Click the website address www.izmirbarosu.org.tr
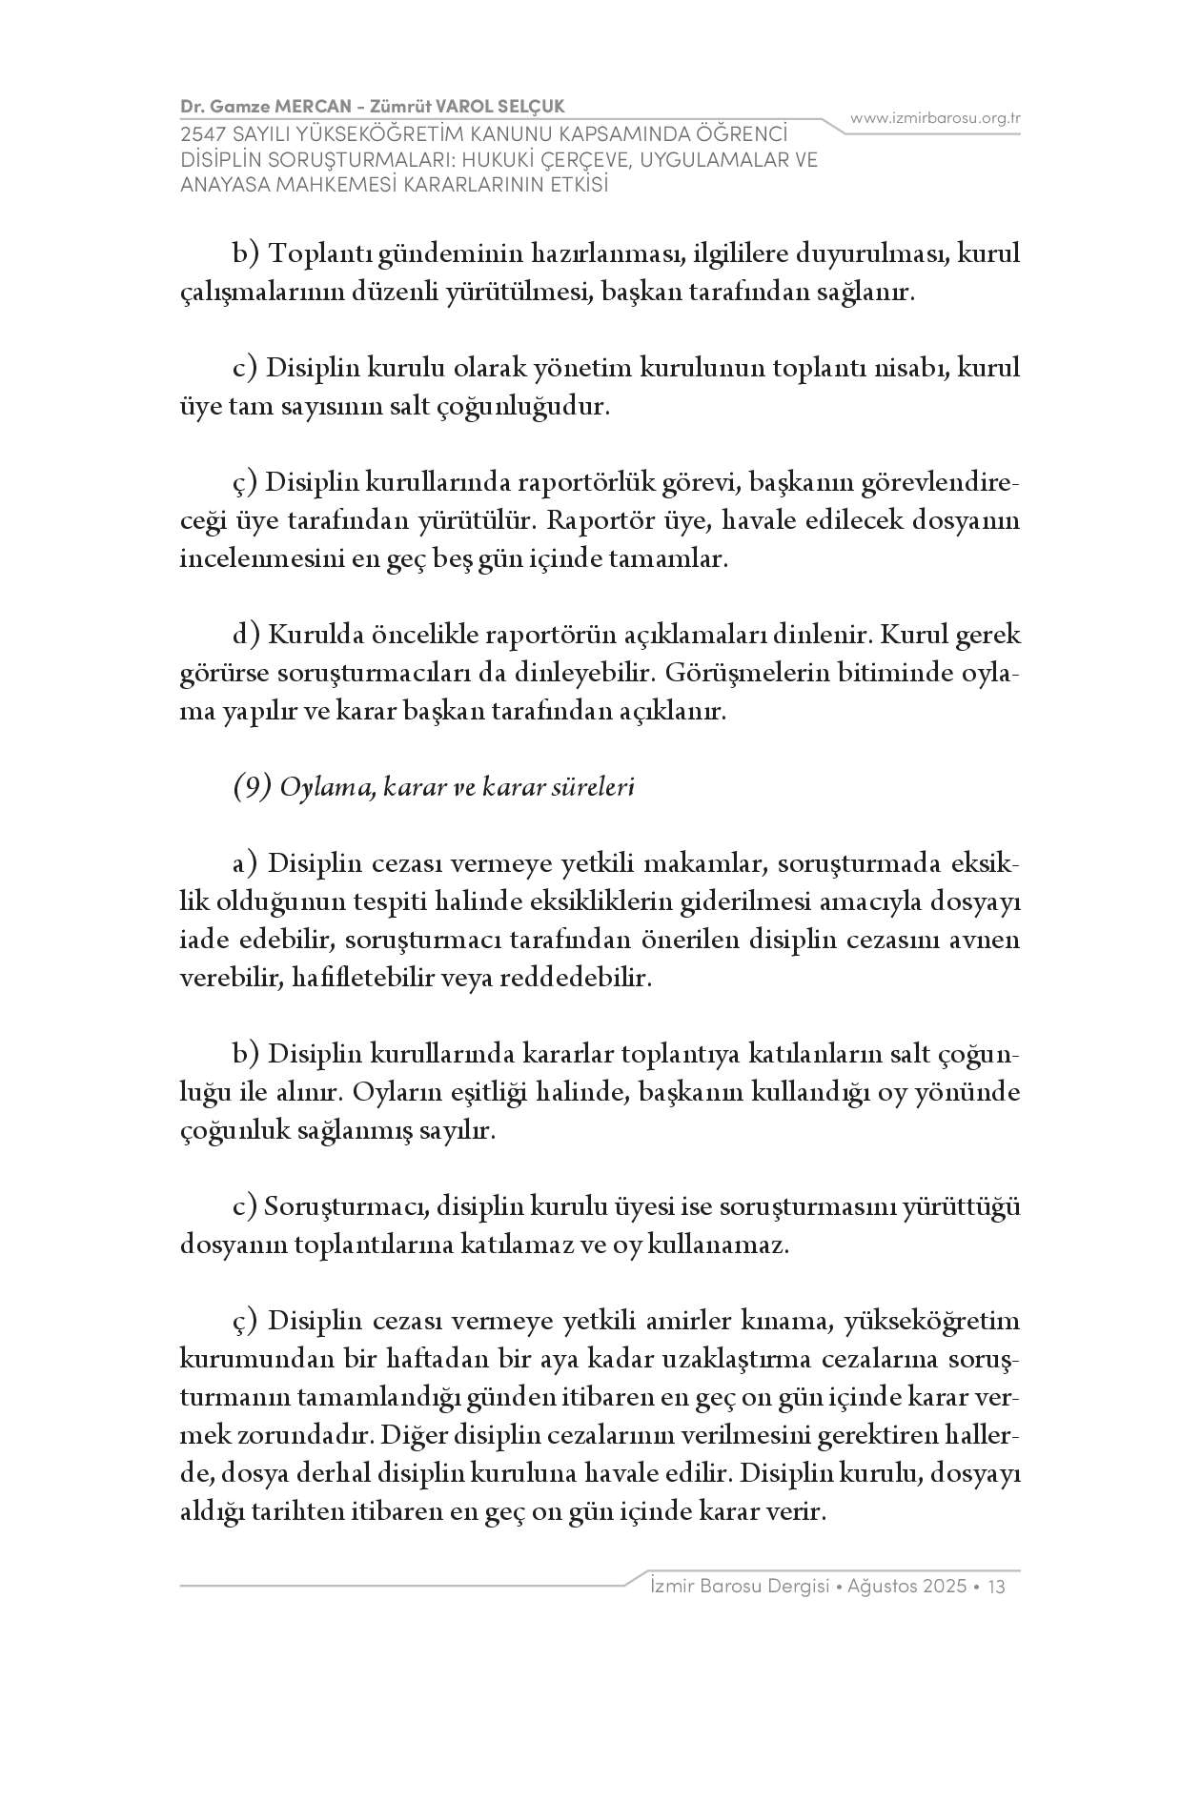pos(935,118)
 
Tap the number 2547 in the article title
pos(203,136)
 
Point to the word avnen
pos(987,941)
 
